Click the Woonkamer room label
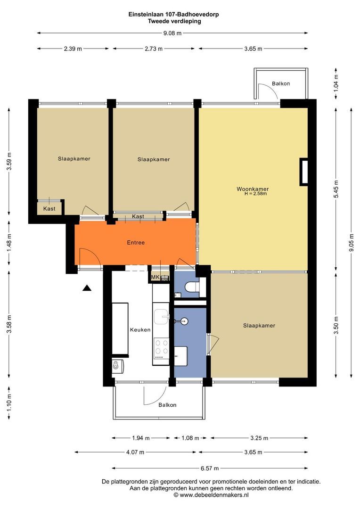253,189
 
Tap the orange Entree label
136,243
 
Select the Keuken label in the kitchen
140,330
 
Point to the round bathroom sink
184,321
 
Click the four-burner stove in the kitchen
161,347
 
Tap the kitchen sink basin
161,317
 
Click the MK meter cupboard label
155,277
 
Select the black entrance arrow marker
87,287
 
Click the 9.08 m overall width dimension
172,33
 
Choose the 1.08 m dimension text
190,438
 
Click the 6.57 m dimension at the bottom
210,468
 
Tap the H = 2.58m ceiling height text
256,194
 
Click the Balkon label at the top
281,83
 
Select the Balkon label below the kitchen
167,405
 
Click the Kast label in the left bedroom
49,209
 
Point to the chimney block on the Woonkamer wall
303,172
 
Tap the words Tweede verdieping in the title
174,21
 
